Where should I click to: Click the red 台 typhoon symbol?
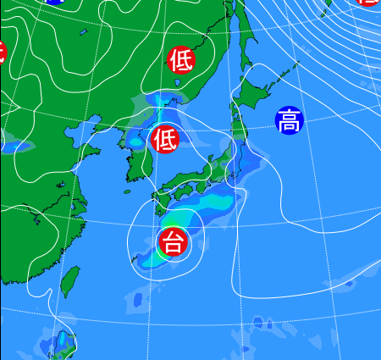(x=173, y=243)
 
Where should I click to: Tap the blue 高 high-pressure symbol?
(x=289, y=120)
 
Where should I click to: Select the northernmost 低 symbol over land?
(x=181, y=60)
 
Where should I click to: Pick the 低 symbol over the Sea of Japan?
(x=165, y=139)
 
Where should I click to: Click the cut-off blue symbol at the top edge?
(x=53, y=3)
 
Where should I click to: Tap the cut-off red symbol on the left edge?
(x=3, y=52)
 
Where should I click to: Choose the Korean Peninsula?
(x=135, y=161)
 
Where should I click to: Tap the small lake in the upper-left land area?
(x=84, y=33)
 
